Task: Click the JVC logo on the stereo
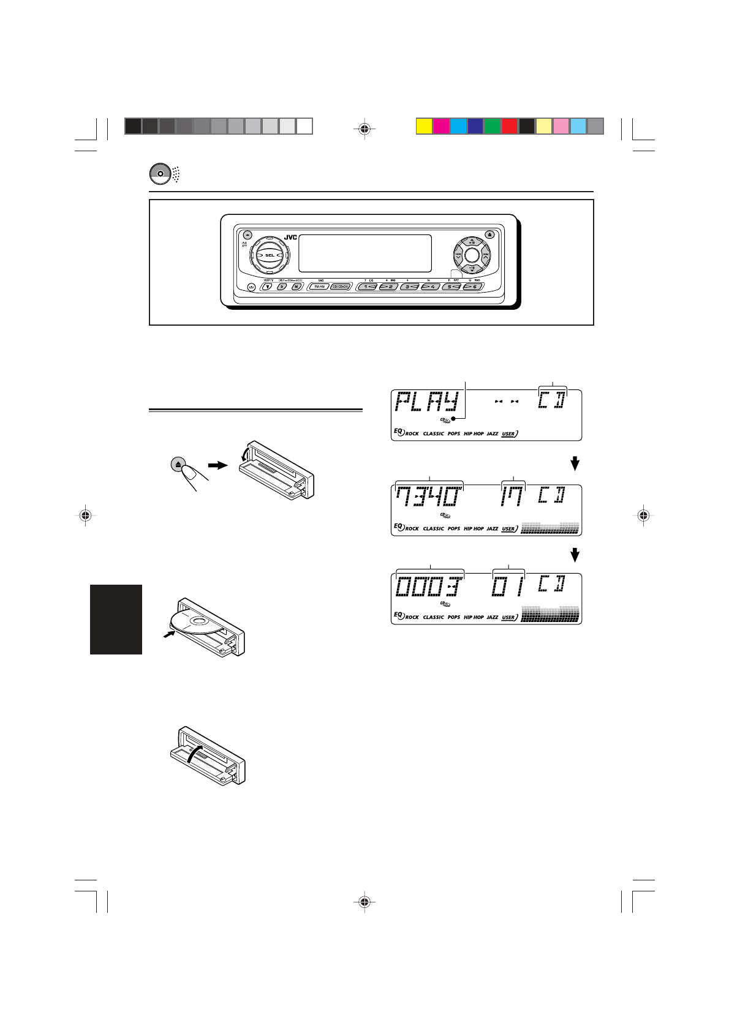290,238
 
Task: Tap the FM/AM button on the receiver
319,287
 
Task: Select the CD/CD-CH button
340,287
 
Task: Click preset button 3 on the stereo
409,287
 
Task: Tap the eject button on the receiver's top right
489,234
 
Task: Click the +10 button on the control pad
472,241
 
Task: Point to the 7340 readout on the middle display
428,497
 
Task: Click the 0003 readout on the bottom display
428,587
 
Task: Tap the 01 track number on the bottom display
508,587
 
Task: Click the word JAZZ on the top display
493,433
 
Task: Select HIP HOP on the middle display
474,528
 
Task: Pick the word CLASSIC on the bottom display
433,617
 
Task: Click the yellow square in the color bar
424,126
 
